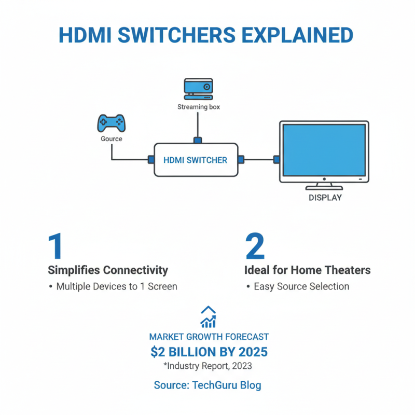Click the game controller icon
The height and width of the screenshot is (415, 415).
coord(111,123)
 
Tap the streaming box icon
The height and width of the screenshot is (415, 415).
coord(198,89)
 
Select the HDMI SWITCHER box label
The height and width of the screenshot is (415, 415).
coord(195,160)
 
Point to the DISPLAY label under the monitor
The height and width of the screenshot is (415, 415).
coord(325,198)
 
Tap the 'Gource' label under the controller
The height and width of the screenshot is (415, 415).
coord(112,139)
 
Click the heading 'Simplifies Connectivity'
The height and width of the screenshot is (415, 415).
coord(108,270)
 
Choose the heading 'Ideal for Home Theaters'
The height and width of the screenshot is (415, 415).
coord(307,270)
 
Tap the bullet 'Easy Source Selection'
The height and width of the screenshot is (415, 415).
coord(301,286)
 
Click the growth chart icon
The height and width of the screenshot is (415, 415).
coord(208,317)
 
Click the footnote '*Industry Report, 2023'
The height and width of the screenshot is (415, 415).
coord(208,367)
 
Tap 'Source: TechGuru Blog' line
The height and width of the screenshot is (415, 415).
coord(208,385)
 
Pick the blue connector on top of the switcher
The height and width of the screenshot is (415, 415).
coord(198,140)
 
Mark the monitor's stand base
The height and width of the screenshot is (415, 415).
coord(324,187)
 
